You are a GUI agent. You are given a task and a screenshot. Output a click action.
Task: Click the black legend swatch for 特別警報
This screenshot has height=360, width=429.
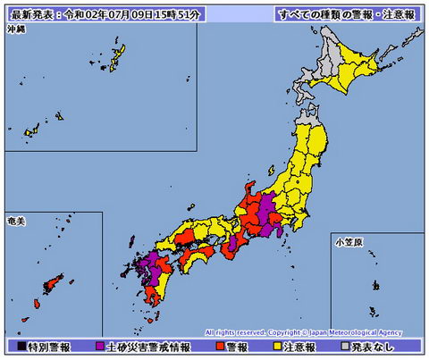tap(21, 346)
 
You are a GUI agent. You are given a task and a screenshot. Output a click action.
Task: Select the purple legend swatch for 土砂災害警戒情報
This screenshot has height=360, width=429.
tap(99, 346)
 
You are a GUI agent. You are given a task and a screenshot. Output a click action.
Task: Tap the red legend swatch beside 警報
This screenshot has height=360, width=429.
tap(220, 346)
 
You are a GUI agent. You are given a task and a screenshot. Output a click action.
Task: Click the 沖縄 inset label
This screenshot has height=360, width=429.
tap(16, 30)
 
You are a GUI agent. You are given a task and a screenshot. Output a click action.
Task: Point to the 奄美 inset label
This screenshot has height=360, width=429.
tap(16, 220)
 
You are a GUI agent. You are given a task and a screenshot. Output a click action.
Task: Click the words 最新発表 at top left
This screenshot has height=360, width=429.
tap(27, 15)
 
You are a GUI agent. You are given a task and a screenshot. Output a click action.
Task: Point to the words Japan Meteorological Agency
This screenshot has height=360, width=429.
tap(361, 331)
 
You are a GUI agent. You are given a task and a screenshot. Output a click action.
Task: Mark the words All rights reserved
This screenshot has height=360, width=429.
tap(233, 331)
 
